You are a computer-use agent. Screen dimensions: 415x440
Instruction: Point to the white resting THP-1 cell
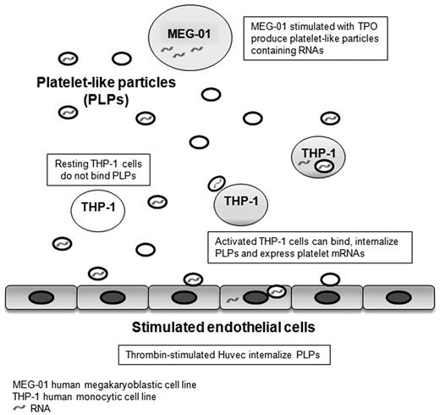click(96, 207)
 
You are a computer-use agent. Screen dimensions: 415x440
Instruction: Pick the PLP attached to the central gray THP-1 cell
click(217, 184)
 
